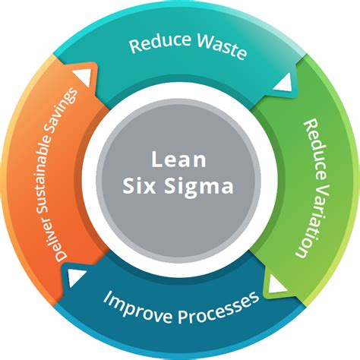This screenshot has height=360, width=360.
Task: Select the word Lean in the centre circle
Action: click(x=179, y=160)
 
